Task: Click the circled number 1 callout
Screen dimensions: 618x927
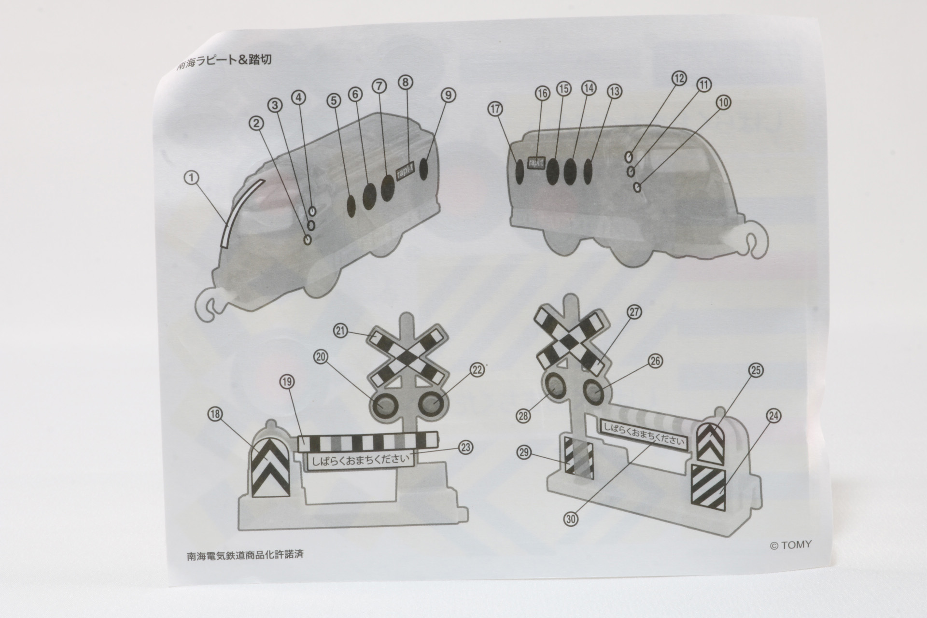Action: [192, 178]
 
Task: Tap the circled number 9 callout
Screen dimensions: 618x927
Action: [448, 95]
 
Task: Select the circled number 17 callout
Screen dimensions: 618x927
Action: [495, 109]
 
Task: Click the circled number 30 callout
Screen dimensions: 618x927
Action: [571, 519]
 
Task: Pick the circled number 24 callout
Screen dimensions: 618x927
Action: [773, 416]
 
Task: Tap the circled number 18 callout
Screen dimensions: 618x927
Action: [215, 414]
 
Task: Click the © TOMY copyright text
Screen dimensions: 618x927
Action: [790, 545]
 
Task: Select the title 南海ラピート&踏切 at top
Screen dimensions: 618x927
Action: [225, 60]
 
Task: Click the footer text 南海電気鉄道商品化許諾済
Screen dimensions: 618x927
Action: [245, 555]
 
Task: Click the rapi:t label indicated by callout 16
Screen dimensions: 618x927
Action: [536, 163]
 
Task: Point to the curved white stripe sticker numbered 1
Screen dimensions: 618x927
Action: [240, 212]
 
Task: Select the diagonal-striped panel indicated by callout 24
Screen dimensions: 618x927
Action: [708, 487]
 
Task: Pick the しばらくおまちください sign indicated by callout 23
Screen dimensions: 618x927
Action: [360, 459]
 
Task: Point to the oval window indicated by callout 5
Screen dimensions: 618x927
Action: [351, 205]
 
